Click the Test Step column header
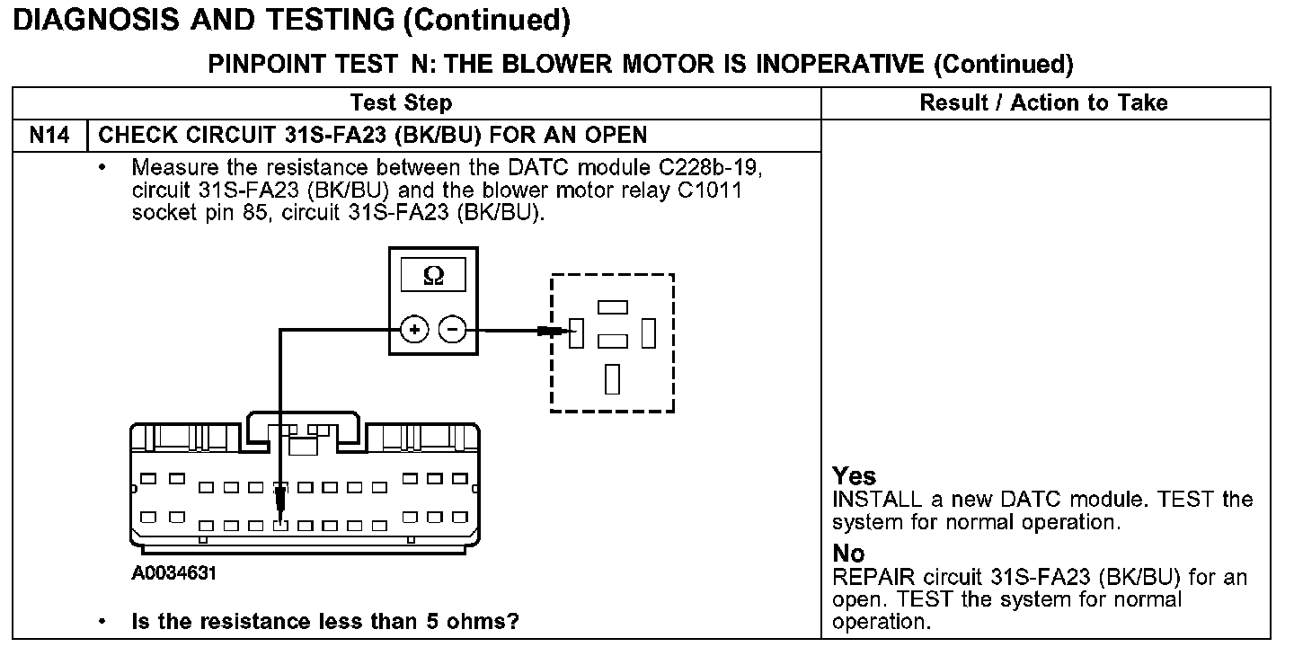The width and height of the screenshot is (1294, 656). [401, 102]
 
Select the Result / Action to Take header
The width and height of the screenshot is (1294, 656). [1043, 102]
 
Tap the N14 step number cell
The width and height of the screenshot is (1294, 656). [49, 135]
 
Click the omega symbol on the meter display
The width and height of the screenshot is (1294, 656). [432, 276]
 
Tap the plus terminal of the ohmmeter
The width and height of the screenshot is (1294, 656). [414, 331]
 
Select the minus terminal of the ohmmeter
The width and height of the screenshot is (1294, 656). [452, 331]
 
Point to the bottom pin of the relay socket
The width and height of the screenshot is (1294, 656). [612, 378]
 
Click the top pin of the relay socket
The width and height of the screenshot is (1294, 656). [612, 306]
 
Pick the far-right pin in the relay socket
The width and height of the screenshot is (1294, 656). [648, 333]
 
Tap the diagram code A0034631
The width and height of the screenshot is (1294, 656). [173, 572]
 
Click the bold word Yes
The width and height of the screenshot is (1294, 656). [854, 476]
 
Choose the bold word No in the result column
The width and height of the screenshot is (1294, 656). [848, 554]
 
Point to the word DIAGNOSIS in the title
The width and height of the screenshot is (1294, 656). [98, 20]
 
